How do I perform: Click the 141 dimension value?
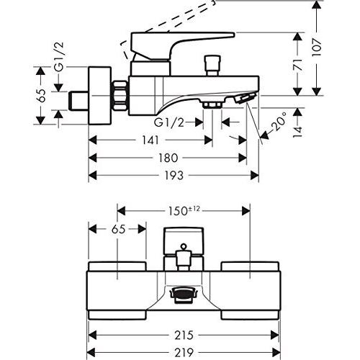click(x=150, y=140)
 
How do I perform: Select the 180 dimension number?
click(x=168, y=158)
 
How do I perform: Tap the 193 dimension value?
click(x=174, y=176)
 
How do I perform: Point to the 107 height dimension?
click(x=317, y=47)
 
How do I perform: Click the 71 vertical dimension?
click(x=297, y=64)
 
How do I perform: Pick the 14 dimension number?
click(x=297, y=132)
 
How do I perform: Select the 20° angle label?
click(x=279, y=121)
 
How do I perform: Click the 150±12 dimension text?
click(x=184, y=211)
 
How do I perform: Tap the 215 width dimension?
click(x=184, y=335)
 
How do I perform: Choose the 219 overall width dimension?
click(x=184, y=353)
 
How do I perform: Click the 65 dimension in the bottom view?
click(x=119, y=229)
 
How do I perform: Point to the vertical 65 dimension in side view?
click(x=42, y=96)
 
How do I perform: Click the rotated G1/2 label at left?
click(x=59, y=57)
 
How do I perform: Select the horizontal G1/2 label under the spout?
click(x=169, y=122)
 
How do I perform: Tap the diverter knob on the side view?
click(x=212, y=66)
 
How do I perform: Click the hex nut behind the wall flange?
click(x=120, y=96)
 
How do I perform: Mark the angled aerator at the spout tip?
click(x=246, y=98)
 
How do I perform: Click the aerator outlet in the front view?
click(x=184, y=296)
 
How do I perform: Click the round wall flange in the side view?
click(x=100, y=96)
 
